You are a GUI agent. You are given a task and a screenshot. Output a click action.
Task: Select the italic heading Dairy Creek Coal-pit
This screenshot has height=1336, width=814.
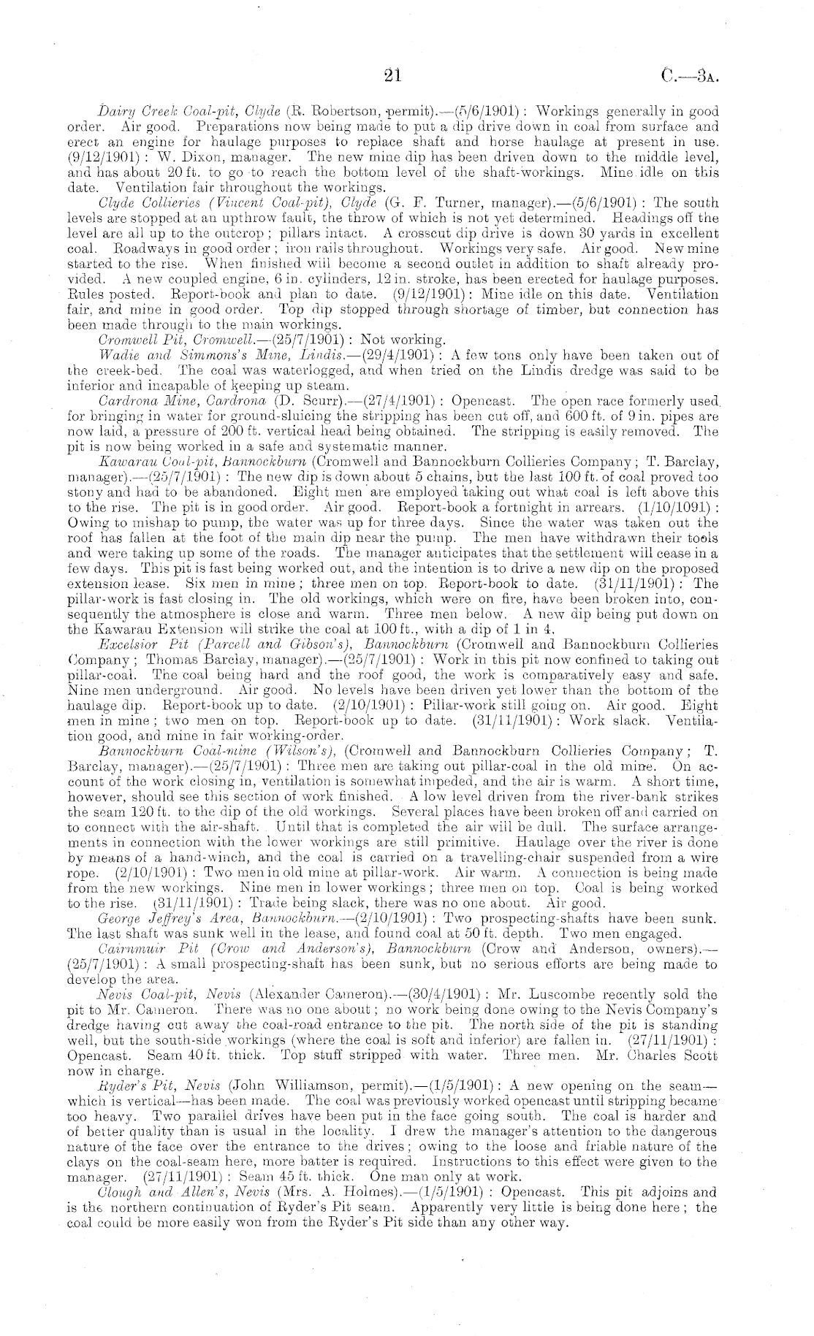pyautogui.click(x=153, y=112)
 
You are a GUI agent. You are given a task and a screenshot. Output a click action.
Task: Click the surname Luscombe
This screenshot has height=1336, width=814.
pyautogui.click(x=617, y=995)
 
